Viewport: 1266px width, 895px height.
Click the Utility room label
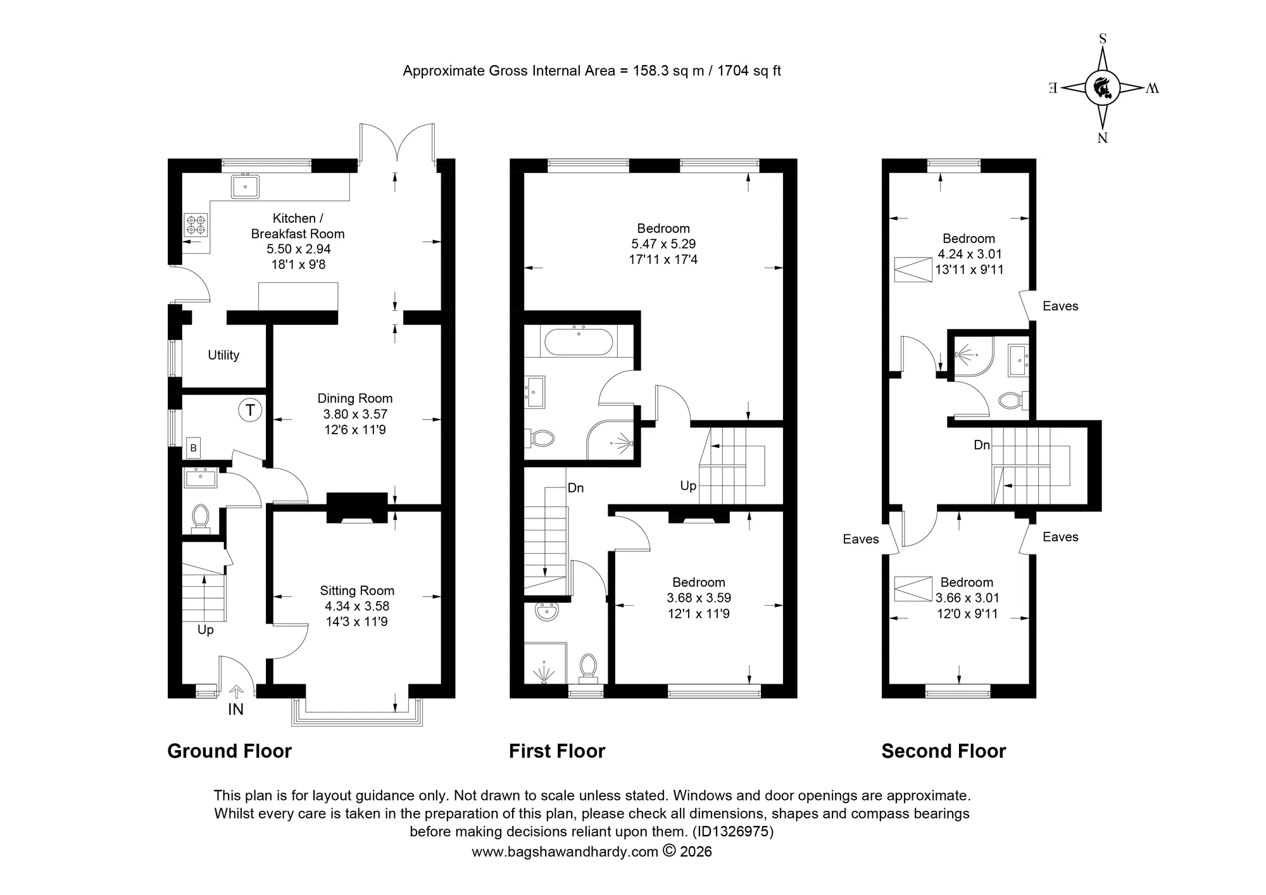click(223, 355)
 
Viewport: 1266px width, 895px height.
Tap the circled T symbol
click(250, 410)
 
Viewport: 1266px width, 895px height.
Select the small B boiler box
click(194, 448)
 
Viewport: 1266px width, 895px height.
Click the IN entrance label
click(235, 710)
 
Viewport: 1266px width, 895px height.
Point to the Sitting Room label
click(357, 591)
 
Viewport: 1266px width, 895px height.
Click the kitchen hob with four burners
click(196, 224)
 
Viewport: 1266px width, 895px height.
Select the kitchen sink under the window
click(245, 186)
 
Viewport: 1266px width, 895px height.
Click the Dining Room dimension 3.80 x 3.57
click(355, 415)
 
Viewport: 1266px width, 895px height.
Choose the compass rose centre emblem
click(1103, 88)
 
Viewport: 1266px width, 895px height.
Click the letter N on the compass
click(1103, 138)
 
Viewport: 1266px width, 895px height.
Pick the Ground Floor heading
click(229, 751)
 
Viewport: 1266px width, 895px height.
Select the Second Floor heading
click(944, 751)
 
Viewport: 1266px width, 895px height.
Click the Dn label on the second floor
click(982, 445)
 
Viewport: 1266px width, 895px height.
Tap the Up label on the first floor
click(688, 485)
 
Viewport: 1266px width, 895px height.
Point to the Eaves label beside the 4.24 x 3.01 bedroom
click(1060, 306)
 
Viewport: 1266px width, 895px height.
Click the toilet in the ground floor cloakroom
click(201, 518)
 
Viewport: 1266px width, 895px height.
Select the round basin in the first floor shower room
click(545, 611)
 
